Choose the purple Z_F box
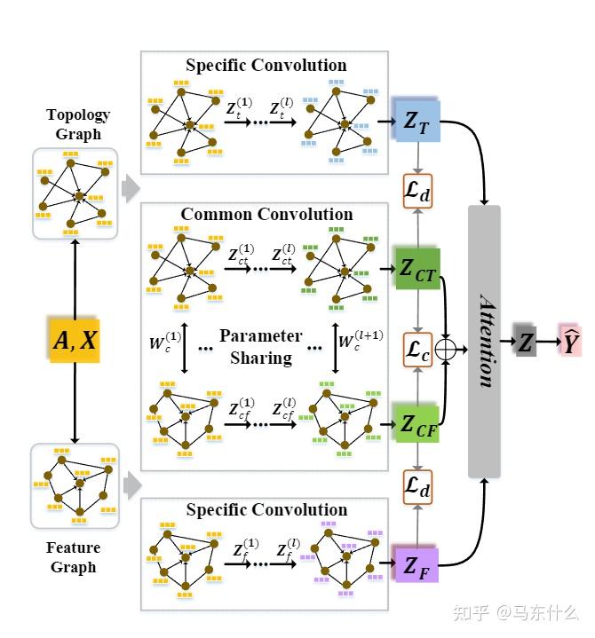pyautogui.click(x=416, y=563)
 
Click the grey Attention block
pyautogui.click(x=484, y=341)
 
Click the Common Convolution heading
pyautogui.click(x=266, y=215)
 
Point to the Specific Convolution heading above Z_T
pyautogui.click(x=266, y=66)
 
